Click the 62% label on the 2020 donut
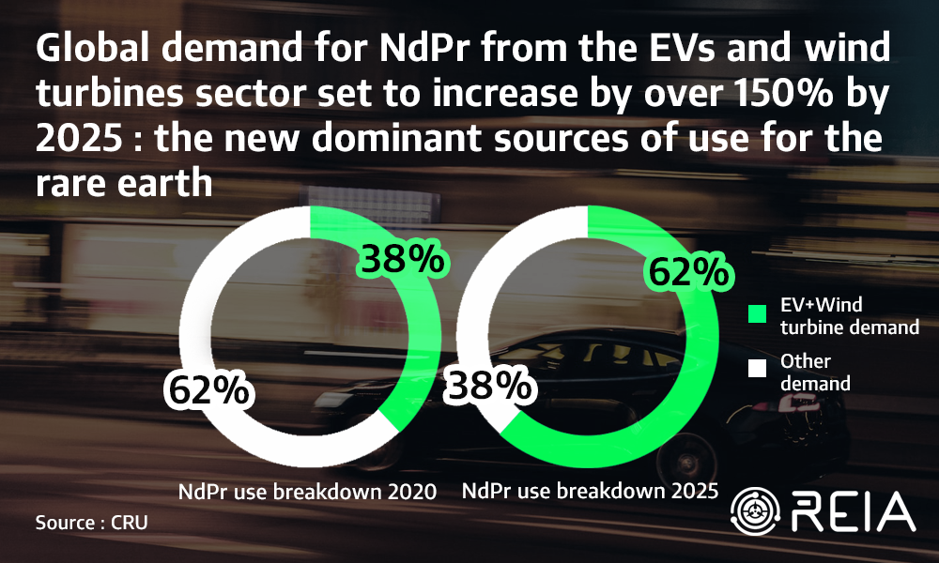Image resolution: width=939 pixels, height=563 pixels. (208, 388)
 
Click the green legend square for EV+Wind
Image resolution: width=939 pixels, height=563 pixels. (754, 315)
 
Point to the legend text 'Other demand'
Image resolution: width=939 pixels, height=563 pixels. (815, 372)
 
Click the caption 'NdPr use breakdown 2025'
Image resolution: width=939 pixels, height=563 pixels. (590, 490)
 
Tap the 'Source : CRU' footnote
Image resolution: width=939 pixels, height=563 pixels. (92, 522)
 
